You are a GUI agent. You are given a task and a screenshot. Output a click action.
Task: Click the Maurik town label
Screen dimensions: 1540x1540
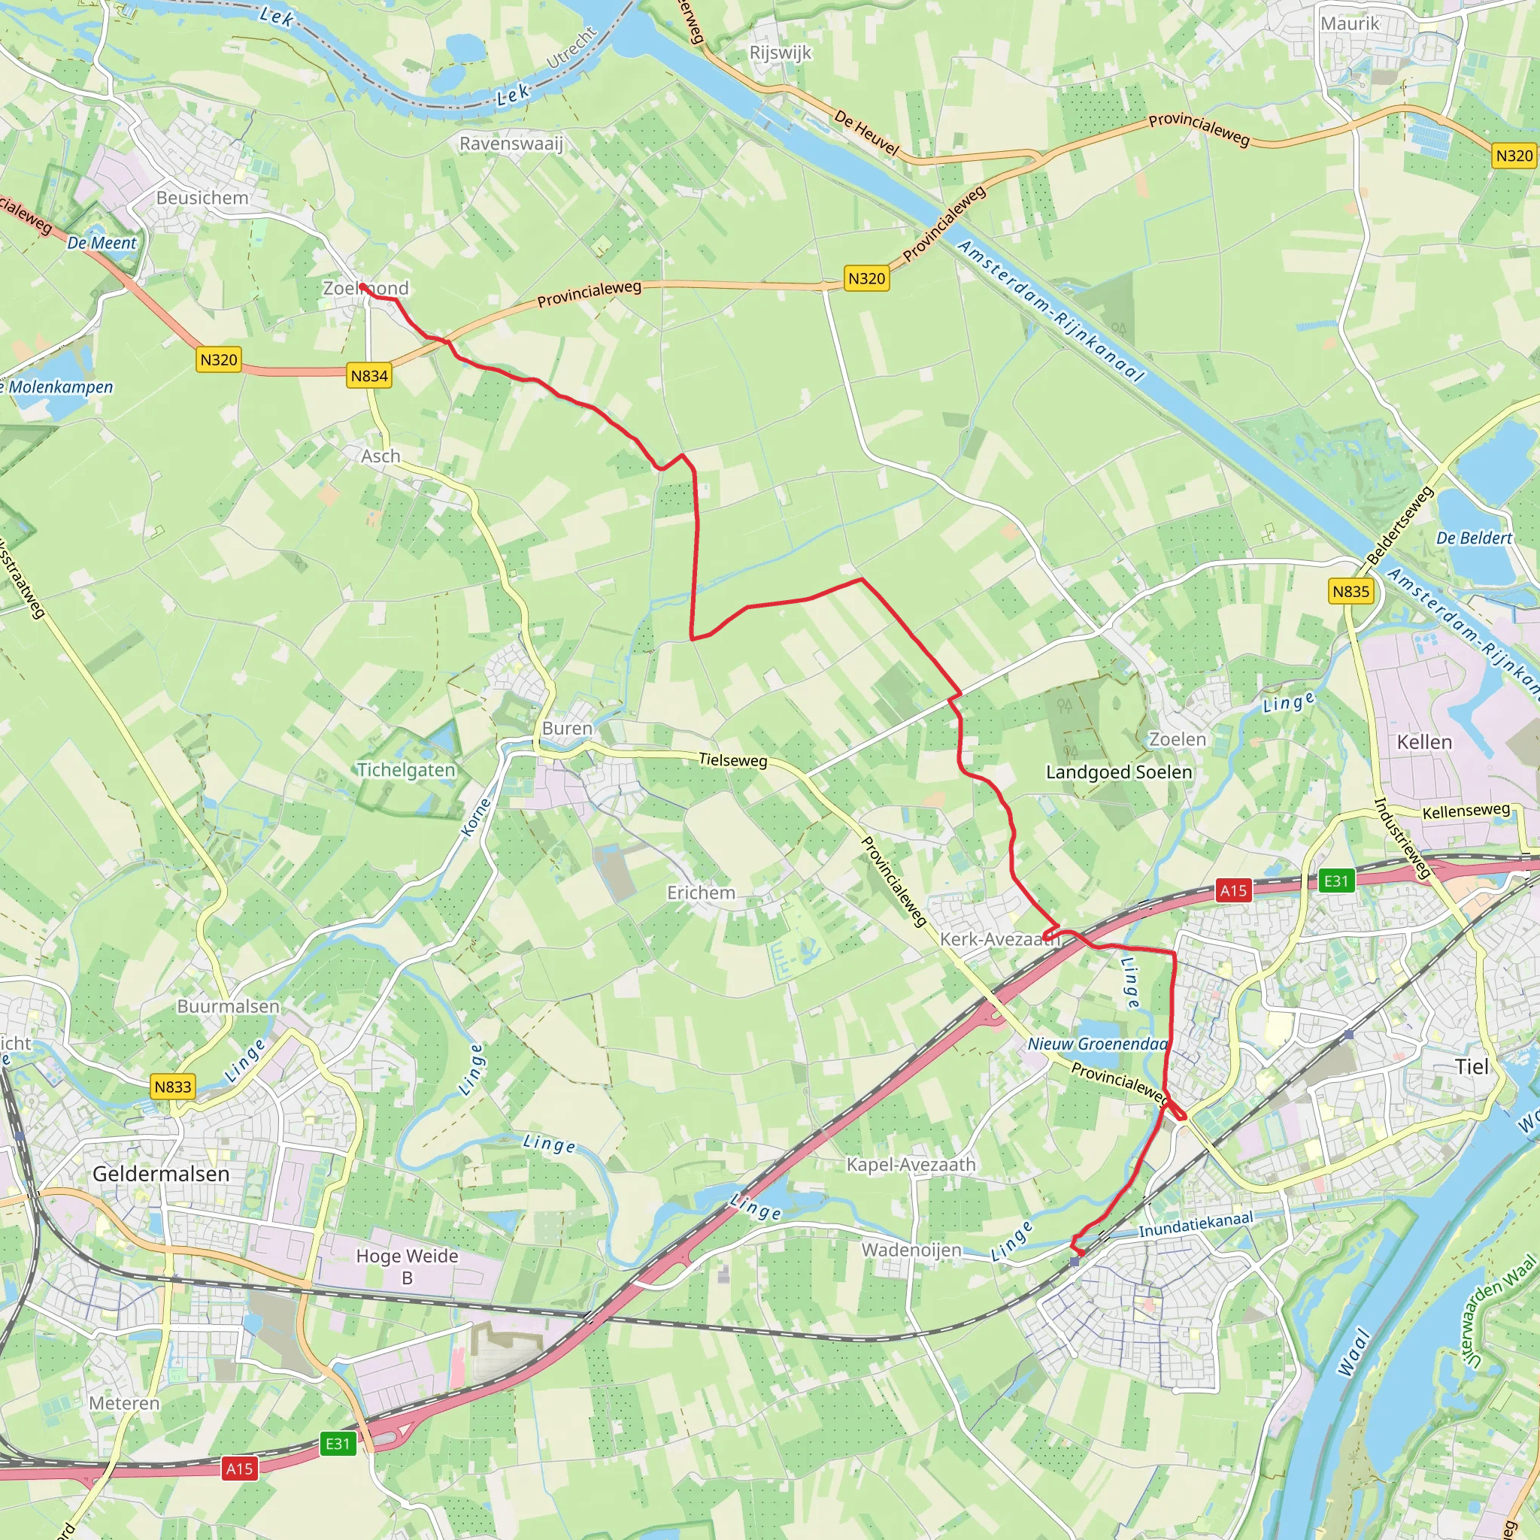coord(1350,24)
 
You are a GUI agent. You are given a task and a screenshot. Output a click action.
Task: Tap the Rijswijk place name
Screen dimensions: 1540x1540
coord(781,53)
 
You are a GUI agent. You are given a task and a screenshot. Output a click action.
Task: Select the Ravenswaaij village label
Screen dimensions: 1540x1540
coord(511,144)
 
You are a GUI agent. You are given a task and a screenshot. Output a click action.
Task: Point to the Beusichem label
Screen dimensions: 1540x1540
coord(202,198)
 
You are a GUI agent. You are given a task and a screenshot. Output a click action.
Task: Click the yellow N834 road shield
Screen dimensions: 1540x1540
coord(369,375)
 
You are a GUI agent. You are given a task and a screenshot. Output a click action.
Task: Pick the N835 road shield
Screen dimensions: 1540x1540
coord(1351,592)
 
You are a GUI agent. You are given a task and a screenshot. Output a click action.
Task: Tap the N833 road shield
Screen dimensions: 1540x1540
coord(173,1087)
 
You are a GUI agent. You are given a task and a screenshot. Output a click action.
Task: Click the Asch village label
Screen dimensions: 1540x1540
coord(380,456)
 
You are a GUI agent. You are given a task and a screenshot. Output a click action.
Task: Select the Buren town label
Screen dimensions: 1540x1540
coord(568,728)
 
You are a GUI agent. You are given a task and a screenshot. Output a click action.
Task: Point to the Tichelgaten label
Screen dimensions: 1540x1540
coord(406,770)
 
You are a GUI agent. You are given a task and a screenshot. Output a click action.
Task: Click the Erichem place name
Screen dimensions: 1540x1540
coord(701,893)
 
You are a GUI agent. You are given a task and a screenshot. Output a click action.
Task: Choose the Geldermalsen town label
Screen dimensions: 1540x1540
coord(161,1173)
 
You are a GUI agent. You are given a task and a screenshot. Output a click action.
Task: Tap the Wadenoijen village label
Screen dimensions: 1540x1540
coord(911,1249)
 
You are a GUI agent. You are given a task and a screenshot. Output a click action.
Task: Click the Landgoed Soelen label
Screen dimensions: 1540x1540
coord(1119,772)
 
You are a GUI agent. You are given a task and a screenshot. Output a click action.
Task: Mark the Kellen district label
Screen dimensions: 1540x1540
coord(1424,742)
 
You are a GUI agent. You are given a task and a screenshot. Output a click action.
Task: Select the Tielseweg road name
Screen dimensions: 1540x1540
coord(732,759)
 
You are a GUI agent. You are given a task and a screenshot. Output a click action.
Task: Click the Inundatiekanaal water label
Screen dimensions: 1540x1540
coord(1196,1226)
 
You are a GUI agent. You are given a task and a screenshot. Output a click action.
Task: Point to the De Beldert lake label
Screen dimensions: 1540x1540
coord(1474,538)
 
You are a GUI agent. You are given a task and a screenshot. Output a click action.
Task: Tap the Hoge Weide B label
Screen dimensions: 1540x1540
coord(407,1266)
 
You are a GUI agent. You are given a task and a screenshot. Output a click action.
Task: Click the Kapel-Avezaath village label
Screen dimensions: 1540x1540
coord(911,1165)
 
